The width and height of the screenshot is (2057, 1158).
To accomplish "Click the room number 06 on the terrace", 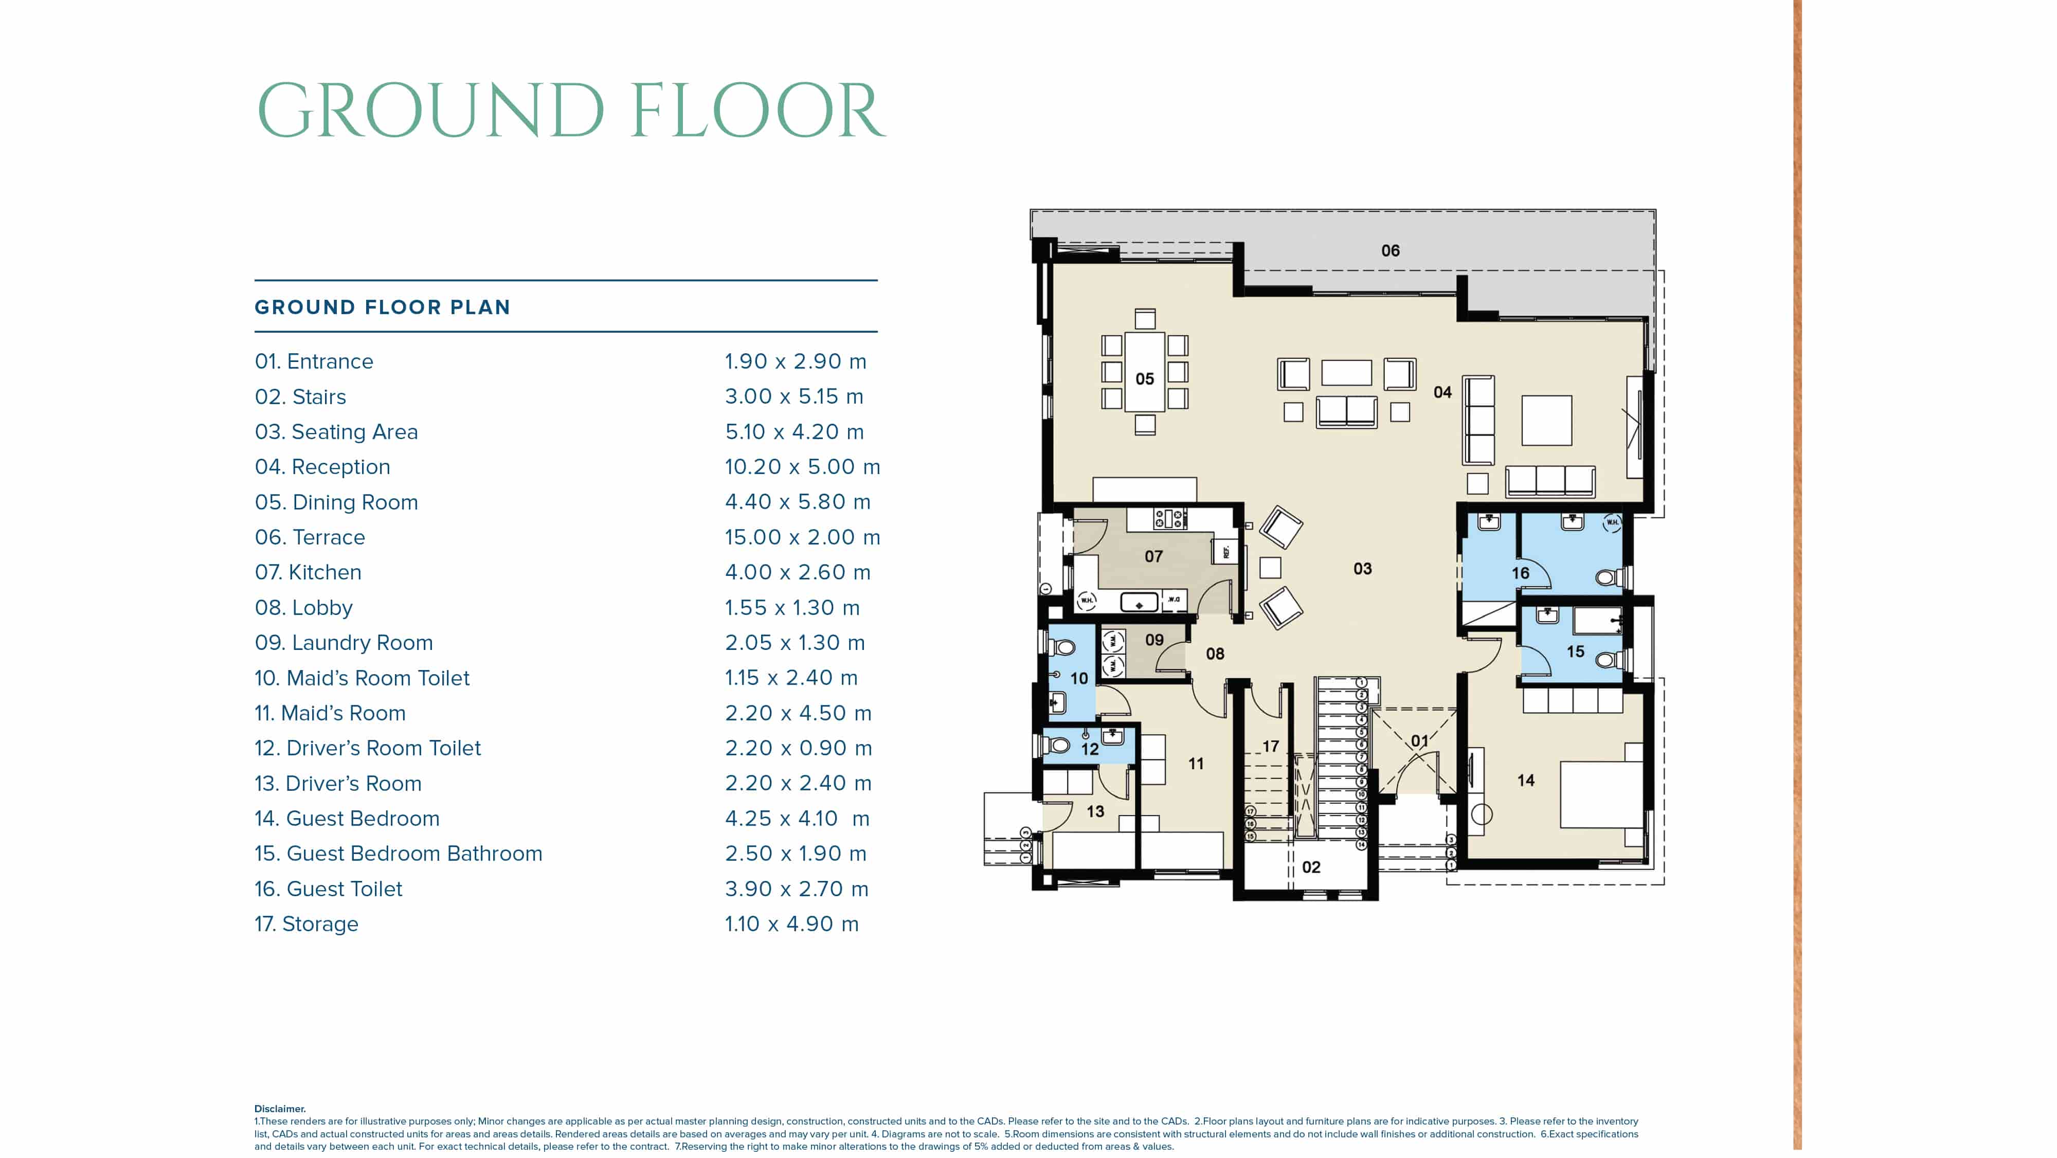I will [1390, 251].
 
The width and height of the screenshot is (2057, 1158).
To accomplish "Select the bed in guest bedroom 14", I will [1599, 794].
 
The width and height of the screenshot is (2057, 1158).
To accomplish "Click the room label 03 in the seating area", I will [1362, 569].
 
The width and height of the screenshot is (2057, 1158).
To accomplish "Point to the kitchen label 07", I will [1153, 556].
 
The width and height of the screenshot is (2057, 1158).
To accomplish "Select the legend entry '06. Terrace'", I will [310, 537].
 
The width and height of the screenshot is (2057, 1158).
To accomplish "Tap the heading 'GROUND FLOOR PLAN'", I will [382, 307].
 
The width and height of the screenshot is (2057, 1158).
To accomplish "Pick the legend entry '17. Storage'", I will [306, 924].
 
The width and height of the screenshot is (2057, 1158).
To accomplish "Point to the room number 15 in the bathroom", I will [1575, 652].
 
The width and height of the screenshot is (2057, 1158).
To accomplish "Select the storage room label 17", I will [1270, 747].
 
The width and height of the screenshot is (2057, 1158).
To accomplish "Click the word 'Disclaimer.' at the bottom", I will [279, 1109].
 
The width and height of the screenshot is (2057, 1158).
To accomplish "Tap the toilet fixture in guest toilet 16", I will [1607, 576].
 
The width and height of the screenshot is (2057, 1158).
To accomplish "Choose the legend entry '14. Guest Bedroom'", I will [347, 819].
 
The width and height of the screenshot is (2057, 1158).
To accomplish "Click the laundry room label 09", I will [1154, 640].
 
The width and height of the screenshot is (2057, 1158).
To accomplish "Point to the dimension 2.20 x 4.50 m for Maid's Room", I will [798, 713].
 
